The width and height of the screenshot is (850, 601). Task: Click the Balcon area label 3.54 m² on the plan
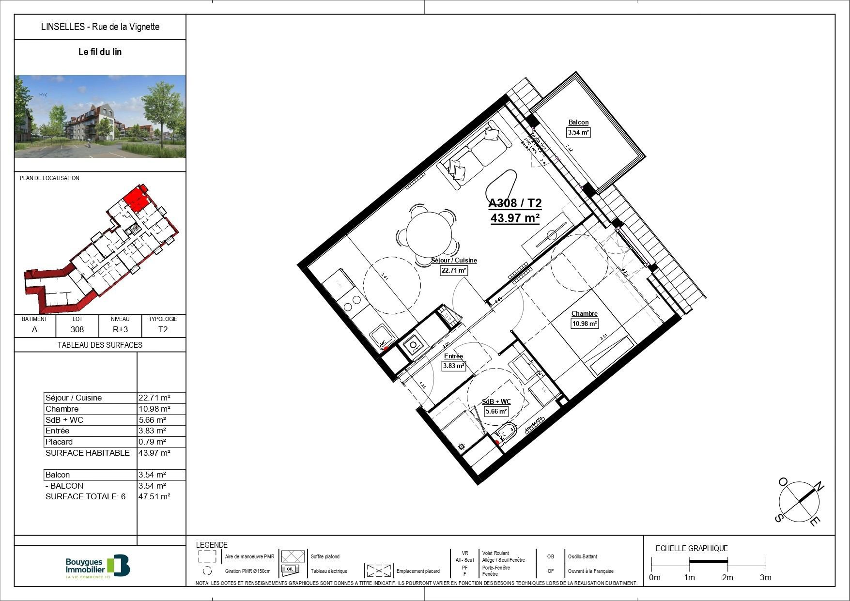[578, 132]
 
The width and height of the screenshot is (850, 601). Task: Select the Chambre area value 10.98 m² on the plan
[585, 324]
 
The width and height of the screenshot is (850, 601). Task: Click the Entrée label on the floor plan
[453, 356]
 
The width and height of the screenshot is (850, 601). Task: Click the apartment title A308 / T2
[515, 203]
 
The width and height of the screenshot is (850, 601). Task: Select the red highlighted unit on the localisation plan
[135, 200]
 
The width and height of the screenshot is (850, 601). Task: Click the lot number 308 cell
[77, 329]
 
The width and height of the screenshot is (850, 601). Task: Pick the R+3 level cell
[120, 329]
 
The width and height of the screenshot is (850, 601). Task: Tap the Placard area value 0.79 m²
[153, 442]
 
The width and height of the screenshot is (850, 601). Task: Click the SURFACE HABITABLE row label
[88, 453]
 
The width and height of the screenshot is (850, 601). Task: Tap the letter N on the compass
[819, 487]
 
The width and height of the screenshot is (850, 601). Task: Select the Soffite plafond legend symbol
[293, 556]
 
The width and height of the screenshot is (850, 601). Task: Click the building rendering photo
[100, 116]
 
